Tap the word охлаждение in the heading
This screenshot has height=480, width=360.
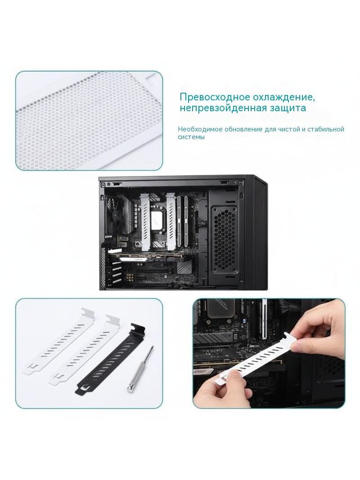pyautogui.click(x=283, y=98)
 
